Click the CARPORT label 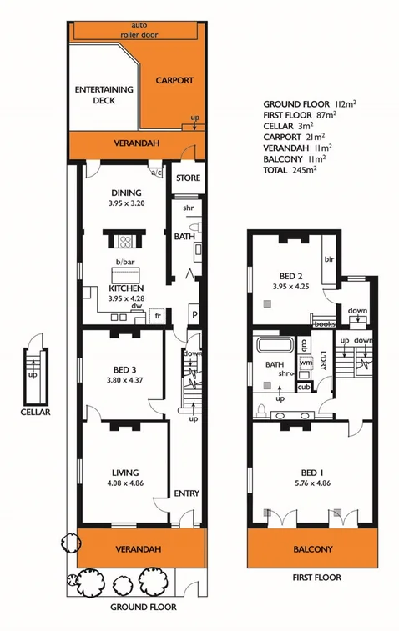[174, 81]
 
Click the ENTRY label [186, 493]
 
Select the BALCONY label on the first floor [313, 549]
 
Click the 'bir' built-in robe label [329, 259]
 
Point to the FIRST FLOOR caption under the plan [313, 577]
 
